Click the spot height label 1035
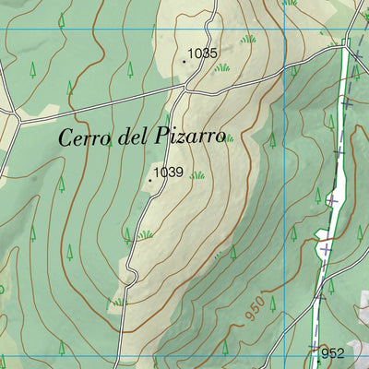[x=203, y=54]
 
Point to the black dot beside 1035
[x=184, y=62]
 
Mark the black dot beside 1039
[x=151, y=180]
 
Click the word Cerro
[x=86, y=138]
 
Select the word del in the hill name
[x=135, y=137]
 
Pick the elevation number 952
[x=333, y=352]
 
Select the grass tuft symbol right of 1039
[x=196, y=174]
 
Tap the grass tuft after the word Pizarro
[x=228, y=138]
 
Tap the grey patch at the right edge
[x=361, y=304]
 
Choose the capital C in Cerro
[x=66, y=138]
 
